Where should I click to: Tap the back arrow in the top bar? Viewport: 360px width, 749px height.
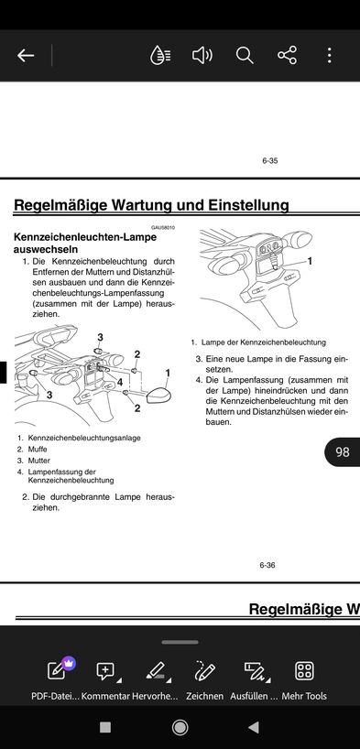pos(26,56)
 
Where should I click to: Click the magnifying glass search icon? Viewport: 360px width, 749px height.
pos(245,56)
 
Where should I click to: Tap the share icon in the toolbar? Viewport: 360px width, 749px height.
pos(287,56)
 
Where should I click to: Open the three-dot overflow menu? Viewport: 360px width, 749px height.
pos(329,56)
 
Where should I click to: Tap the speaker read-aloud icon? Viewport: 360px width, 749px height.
pos(202,56)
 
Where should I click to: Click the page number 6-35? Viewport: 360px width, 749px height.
pos(269,161)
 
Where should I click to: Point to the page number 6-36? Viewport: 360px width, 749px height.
pos(267,565)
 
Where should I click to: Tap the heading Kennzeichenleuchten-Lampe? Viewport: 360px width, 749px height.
pos(85,237)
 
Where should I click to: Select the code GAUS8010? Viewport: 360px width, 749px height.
pos(163,227)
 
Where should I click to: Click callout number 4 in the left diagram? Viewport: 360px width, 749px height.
pos(120,382)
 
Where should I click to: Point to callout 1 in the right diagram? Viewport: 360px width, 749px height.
pos(310,261)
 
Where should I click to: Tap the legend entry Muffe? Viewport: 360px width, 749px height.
pos(38,449)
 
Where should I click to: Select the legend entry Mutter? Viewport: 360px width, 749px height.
pos(38,461)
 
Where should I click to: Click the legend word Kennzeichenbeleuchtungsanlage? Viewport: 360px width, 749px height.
pos(84,438)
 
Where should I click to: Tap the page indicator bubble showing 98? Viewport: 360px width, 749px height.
pos(342,452)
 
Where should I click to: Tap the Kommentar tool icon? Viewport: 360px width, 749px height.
pos(106,671)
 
